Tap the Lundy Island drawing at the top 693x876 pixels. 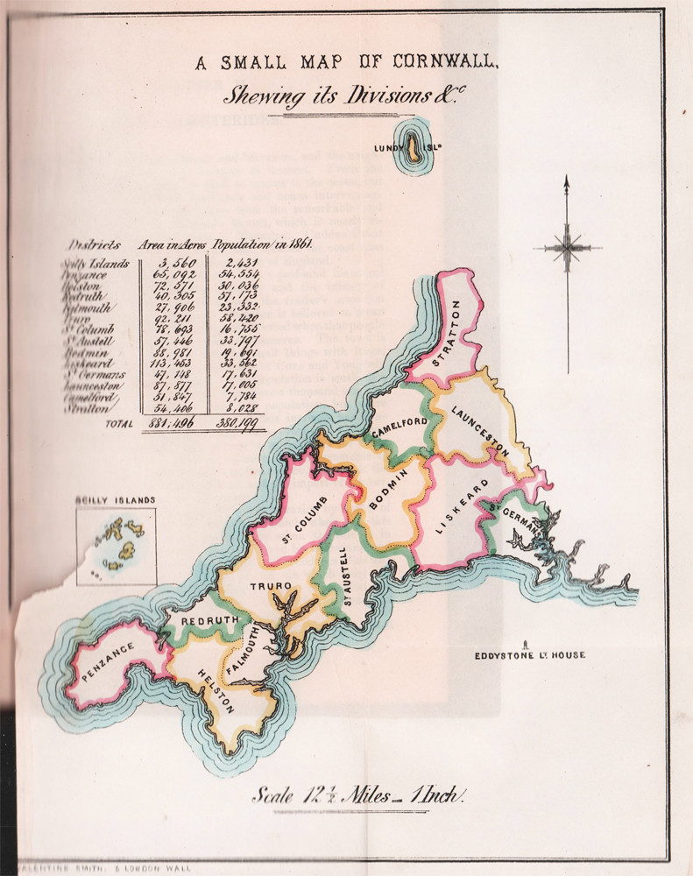point(409,150)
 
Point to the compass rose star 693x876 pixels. point(568,248)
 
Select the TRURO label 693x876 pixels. point(262,590)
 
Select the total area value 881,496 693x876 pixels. point(173,424)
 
